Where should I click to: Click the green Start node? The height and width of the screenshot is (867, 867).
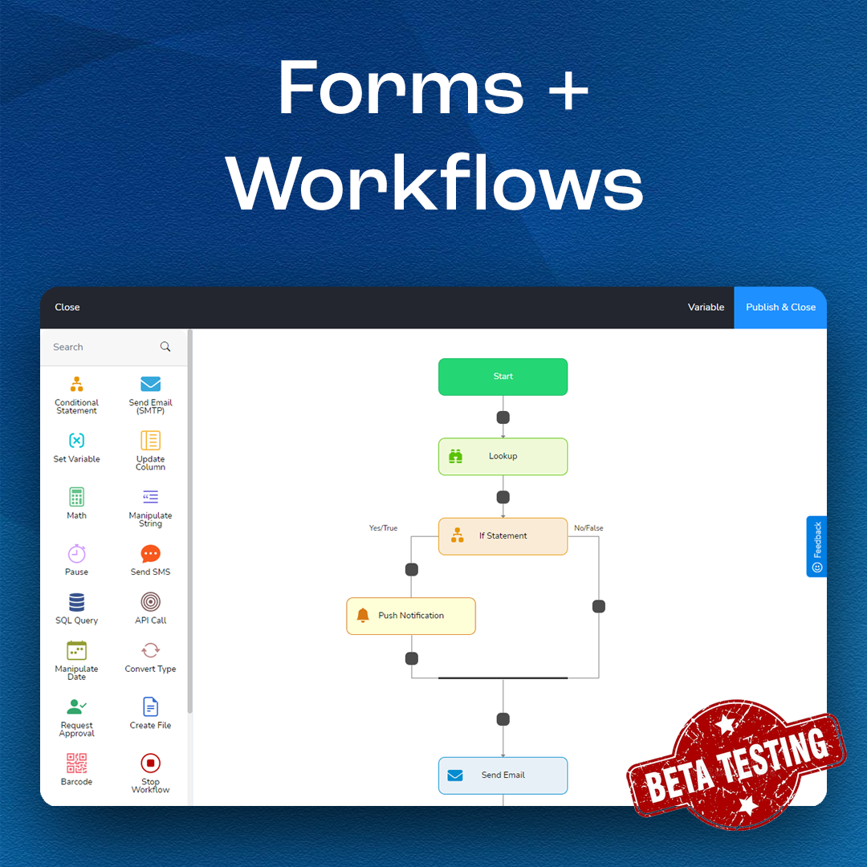point(503,377)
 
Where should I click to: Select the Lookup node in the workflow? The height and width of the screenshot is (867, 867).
point(503,456)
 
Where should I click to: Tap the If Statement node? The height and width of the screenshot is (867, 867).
point(503,535)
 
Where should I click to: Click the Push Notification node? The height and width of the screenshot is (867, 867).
point(411,616)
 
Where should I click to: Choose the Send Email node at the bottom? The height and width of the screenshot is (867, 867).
point(503,775)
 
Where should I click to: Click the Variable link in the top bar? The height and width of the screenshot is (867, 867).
point(706,307)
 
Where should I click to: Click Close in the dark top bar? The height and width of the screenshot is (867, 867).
point(67,307)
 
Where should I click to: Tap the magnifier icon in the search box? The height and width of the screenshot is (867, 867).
point(165,347)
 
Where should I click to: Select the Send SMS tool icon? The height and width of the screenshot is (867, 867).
point(150,554)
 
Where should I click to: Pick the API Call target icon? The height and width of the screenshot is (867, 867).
point(150,602)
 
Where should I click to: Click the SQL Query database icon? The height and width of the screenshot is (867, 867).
point(76,602)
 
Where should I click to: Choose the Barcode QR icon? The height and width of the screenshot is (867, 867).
point(76,763)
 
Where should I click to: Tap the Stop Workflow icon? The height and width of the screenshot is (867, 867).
point(150,763)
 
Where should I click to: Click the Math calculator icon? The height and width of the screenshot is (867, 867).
point(76,497)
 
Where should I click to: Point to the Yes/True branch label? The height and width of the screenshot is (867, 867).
point(383,528)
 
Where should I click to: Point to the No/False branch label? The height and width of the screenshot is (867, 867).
point(588,528)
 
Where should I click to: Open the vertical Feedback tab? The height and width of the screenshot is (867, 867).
point(816,546)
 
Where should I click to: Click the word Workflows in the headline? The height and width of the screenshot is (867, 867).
point(434,183)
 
